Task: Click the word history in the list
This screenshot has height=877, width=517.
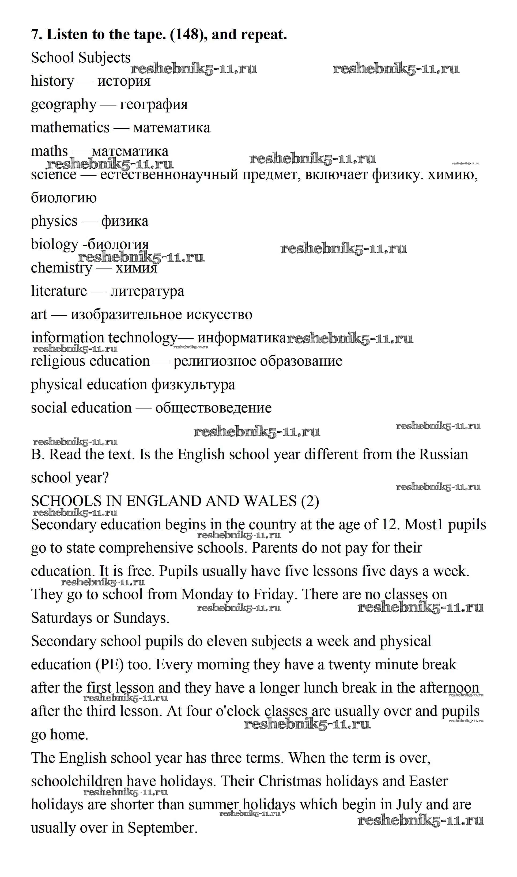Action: pyautogui.click(x=52, y=81)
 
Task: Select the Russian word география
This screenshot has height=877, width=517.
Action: pyautogui.click(x=154, y=104)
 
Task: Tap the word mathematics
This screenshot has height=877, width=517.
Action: pyautogui.click(x=70, y=128)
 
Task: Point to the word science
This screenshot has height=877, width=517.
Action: pyautogui.click(x=53, y=175)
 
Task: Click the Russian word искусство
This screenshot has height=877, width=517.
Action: pyautogui.click(x=219, y=315)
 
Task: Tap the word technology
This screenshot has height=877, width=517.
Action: pyautogui.click(x=143, y=338)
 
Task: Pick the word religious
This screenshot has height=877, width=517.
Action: pyautogui.click(x=56, y=361)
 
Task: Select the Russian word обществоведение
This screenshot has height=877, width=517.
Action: pyautogui.click(x=213, y=408)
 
